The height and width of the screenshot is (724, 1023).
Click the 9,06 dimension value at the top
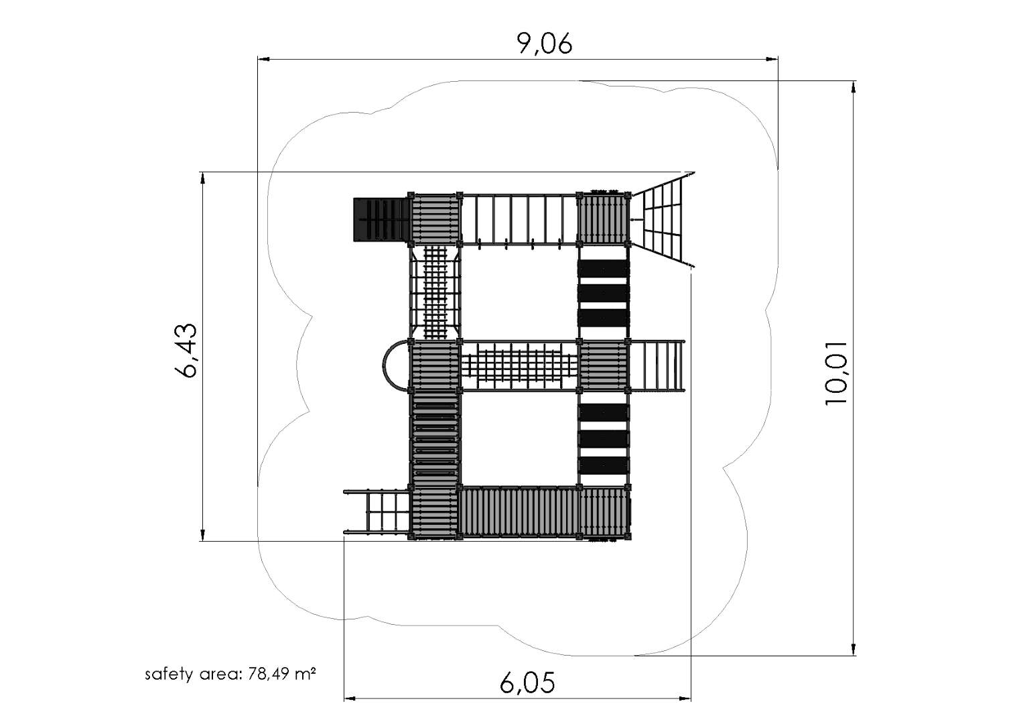coord(545,44)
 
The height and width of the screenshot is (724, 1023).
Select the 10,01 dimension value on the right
coord(837,372)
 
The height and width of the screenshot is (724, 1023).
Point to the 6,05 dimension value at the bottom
coord(527,683)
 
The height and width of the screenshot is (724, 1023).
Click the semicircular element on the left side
coord(395,365)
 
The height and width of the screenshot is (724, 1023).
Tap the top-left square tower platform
coord(435,219)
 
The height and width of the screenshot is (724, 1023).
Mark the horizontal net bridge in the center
coord(519,365)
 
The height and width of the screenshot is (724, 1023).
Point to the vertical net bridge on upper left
coord(435,292)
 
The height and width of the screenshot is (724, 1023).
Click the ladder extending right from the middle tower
coord(657,365)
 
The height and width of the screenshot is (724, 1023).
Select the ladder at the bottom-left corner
coord(377,513)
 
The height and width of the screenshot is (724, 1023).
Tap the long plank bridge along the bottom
coord(519,513)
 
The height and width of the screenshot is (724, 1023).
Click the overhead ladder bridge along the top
coord(519,219)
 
